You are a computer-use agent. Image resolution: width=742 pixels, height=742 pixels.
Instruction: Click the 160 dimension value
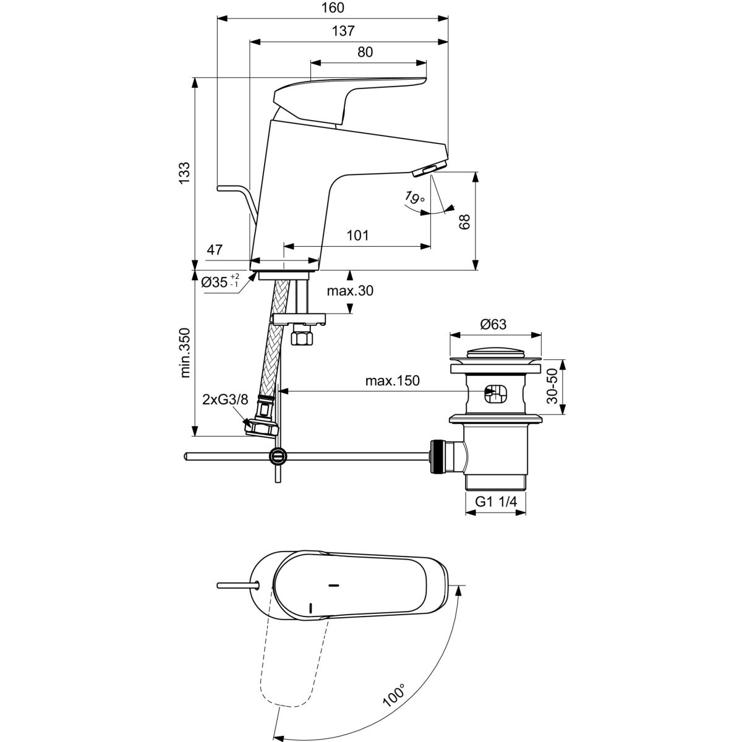tap(332, 8)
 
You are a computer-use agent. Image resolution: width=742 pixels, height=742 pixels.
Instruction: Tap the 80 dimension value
tap(365, 52)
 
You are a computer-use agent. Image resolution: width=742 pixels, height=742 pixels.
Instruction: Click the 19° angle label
tap(415, 198)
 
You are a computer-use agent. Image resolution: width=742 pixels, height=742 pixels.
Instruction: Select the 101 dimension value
tap(357, 236)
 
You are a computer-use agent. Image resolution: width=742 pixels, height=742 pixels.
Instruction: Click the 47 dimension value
tap(214, 250)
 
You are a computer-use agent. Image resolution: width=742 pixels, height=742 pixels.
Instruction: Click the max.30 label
tap(351, 291)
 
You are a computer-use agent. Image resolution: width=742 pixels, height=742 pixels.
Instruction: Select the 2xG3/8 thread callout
tap(225, 399)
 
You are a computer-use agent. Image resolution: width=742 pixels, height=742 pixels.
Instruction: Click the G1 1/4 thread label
tap(495, 503)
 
